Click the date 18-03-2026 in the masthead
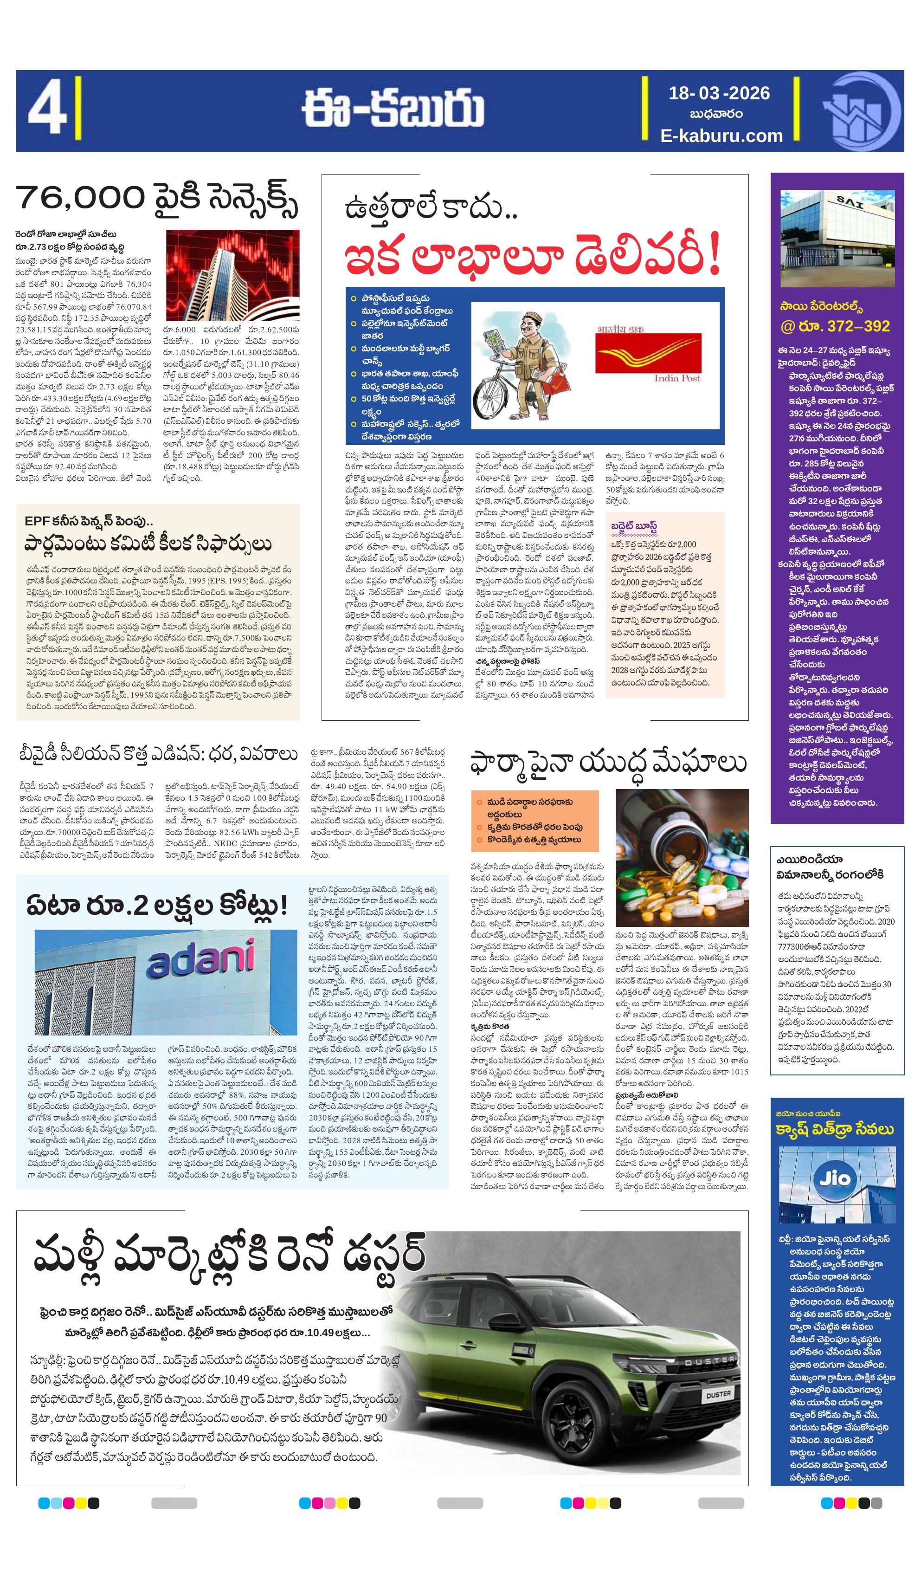[x=719, y=93]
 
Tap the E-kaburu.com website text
[x=721, y=136]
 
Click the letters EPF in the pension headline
[x=37, y=521]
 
